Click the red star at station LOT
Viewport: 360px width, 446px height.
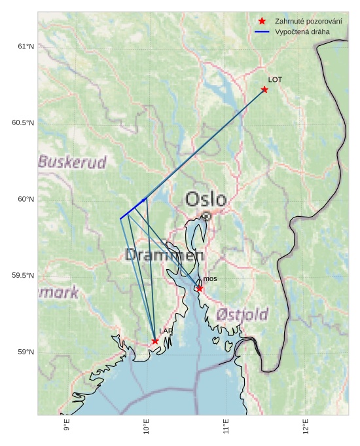(264, 90)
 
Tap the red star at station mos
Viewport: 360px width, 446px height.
(200, 289)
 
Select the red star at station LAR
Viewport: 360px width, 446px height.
(155, 341)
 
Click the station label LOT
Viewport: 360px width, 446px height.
(275, 80)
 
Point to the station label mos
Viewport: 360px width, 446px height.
(210, 279)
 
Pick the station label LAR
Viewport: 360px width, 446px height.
(166, 331)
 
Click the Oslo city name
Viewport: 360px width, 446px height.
(206, 200)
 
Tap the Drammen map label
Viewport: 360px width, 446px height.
(164, 255)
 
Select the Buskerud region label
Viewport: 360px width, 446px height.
(72, 162)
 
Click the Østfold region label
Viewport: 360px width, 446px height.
(242, 315)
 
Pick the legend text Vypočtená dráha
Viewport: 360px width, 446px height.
(302, 31)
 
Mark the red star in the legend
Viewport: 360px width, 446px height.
(262, 22)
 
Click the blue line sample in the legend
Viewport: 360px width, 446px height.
(262, 31)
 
